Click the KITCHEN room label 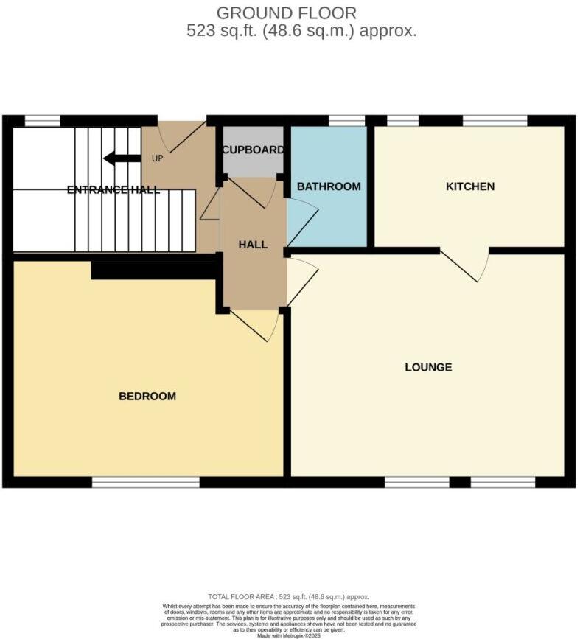(469, 186)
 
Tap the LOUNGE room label (428, 367)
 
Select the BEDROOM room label (147, 397)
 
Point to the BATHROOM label (329, 186)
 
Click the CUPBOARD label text (253, 150)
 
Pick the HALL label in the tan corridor (253, 245)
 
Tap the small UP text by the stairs (157, 158)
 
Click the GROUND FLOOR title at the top (287, 13)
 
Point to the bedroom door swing (254, 324)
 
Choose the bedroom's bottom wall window (146, 482)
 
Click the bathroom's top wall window (346, 121)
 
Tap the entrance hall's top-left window (43, 121)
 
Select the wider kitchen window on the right (495, 121)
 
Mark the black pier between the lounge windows (460, 482)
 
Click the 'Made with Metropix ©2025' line (289, 635)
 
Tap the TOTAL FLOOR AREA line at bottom (289, 596)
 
